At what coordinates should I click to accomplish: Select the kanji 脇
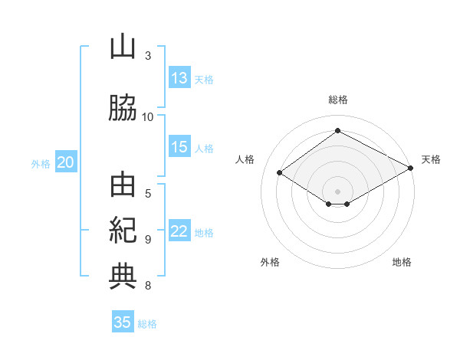pos(123,107)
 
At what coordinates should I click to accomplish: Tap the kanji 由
pos(123,185)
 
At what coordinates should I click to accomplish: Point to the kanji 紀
pos(123,230)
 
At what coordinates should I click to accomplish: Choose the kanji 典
pos(123,277)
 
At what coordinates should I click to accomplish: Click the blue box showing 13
pos(179,77)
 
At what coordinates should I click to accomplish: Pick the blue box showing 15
pos(179,146)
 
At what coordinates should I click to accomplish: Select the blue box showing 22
pos(179,230)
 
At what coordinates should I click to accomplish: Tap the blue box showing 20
pos(66,162)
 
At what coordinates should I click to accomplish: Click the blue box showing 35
pos(123,321)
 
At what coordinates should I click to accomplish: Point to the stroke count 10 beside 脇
pos(147,117)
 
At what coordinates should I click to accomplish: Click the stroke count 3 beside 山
pos(148,56)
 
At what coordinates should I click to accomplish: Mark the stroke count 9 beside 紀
pos(148,240)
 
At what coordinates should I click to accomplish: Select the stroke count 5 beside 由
pos(148,194)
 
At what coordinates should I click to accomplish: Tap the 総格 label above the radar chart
pos(338,100)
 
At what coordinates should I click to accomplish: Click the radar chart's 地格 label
pos(402,262)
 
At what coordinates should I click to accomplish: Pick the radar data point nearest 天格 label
pos(411,168)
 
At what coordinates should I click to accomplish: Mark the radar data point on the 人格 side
pos(280,172)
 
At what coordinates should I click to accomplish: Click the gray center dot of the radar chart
pos(337,191)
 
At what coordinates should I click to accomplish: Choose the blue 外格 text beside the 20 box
pos(41,164)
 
